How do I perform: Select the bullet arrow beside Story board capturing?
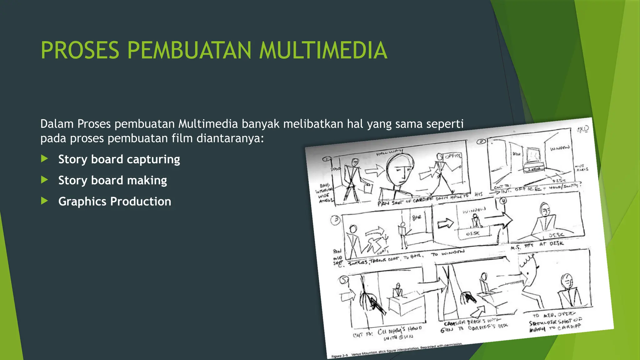tap(45, 159)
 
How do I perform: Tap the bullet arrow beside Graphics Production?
tap(45, 201)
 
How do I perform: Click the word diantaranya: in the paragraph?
tap(230, 138)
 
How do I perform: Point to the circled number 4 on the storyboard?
tap(503, 201)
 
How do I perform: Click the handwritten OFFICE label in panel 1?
tap(453, 156)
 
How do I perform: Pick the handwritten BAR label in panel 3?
tap(417, 217)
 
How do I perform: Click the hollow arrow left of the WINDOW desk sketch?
tap(445, 223)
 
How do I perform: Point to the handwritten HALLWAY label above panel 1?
tap(389, 152)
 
